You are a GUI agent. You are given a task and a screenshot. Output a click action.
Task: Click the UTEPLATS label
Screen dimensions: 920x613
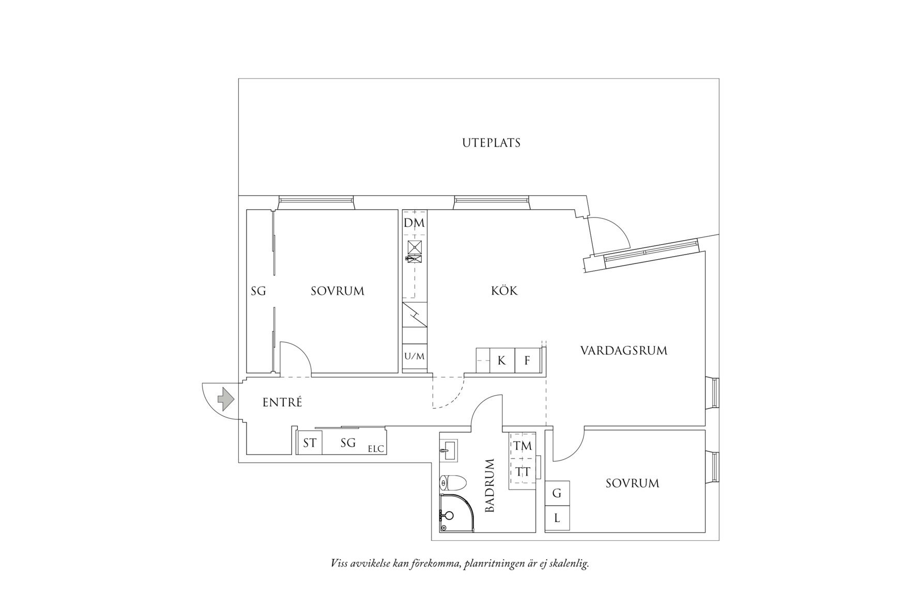point(491,143)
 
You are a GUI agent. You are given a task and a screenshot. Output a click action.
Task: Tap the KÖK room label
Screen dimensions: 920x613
point(504,291)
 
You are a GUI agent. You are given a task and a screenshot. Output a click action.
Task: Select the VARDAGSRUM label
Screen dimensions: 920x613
point(624,351)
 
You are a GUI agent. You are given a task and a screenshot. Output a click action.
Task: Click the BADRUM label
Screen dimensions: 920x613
point(489,485)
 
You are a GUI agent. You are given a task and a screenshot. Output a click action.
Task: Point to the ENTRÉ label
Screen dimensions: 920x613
point(282,402)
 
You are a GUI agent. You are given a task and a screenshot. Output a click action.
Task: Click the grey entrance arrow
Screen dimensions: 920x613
point(225,399)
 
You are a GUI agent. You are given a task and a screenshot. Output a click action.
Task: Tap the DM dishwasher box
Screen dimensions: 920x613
point(415,223)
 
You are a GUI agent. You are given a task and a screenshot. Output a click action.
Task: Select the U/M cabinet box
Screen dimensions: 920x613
point(415,356)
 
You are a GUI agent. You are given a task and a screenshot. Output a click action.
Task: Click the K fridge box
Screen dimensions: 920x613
point(501,360)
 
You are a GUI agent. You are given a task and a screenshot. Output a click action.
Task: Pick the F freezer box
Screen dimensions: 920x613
point(527,360)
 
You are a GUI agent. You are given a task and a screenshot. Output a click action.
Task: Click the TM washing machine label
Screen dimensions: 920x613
point(523,446)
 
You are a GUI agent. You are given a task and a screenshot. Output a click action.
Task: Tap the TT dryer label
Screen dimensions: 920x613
point(523,471)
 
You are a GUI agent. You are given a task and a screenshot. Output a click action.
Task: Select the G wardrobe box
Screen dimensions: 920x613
point(557,493)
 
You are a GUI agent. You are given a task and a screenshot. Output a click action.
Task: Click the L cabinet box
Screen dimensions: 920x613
point(557,518)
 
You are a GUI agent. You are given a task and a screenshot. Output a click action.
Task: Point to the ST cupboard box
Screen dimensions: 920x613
point(310,443)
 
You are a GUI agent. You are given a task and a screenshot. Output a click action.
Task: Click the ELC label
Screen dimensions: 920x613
point(376,449)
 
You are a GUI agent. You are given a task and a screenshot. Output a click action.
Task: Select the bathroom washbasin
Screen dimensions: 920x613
point(449,450)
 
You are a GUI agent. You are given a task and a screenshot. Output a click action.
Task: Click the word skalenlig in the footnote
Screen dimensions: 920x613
point(570,563)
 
